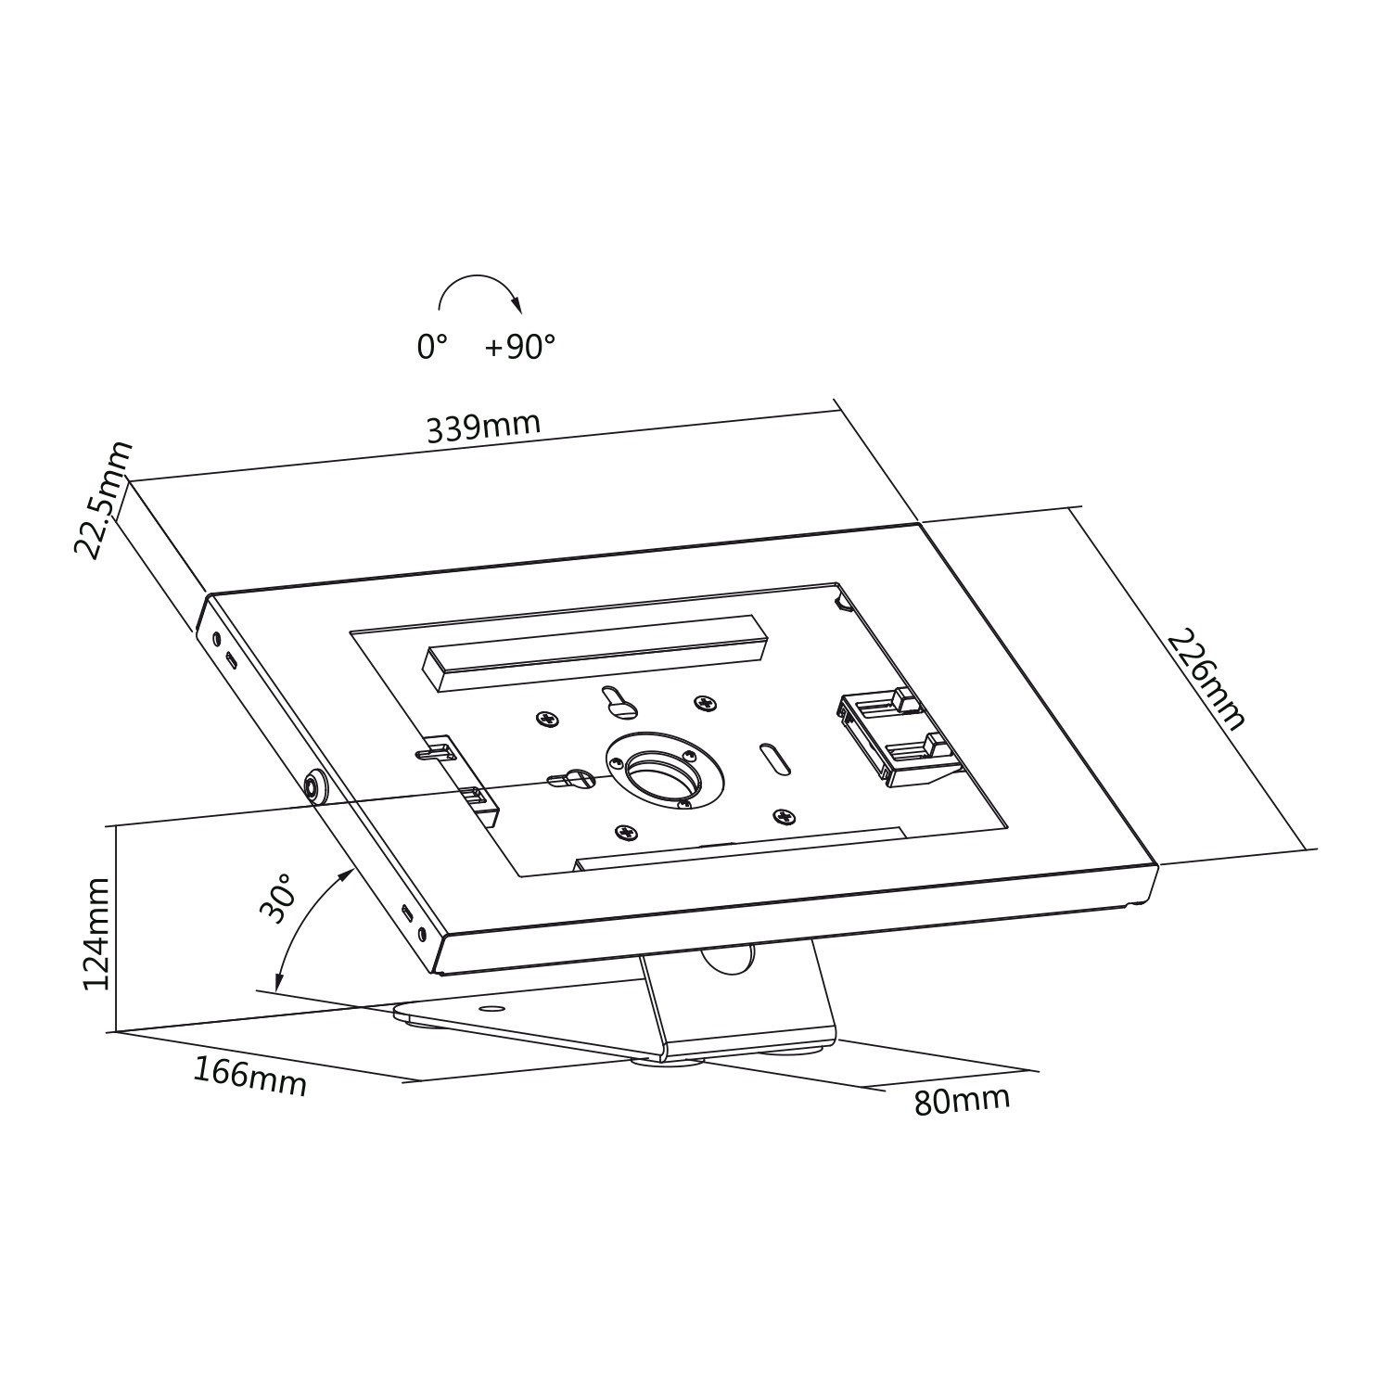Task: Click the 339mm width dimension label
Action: click(483, 427)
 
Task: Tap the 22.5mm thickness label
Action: click(104, 500)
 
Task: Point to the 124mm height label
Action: click(96, 935)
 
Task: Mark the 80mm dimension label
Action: click(962, 1100)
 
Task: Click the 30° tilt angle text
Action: click(278, 897)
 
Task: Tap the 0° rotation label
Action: click(432, 348)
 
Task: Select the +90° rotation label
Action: click(520, 347)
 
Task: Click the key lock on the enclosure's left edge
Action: click(315, 786)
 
